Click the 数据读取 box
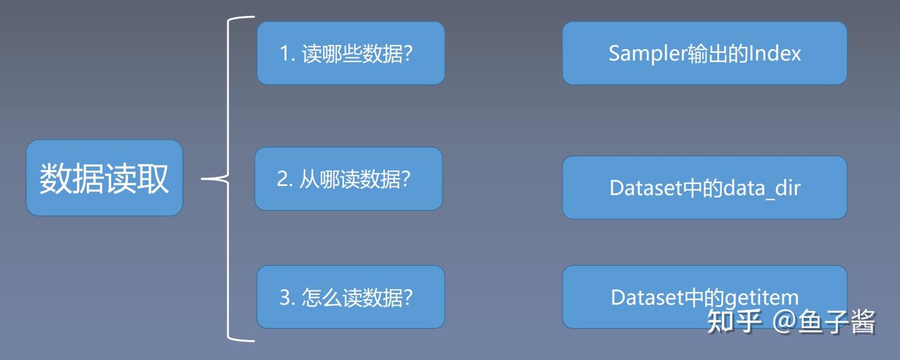[104, 178]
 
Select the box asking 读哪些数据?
[351, 53]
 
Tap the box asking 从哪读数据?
[349, 179]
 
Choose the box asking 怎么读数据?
[351, 297]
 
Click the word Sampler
[647, 54]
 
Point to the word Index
[774, 54]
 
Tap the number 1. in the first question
[287, 54]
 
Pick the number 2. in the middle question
[285, 179]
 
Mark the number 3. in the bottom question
[287, 297]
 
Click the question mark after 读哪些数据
[407, 54]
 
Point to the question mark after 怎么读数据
[407, 297]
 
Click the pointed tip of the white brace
[202, 179]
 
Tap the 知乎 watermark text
[734, 321]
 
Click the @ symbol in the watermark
[784, 321]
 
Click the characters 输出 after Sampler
[707, 54]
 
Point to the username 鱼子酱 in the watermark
[836, 321]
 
